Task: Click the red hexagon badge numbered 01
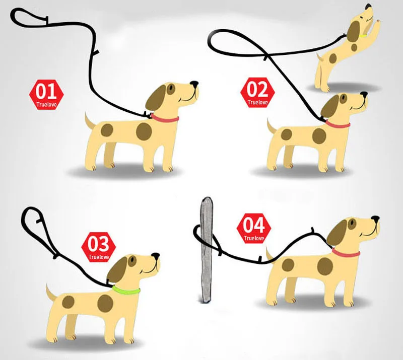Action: [x=46, y=95]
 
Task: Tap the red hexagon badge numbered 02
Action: [x=257, y=93]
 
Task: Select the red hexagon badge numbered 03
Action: [x=98, y=247]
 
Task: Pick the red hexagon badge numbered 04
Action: [x=254, y=229]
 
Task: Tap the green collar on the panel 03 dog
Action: [x=126, y=291]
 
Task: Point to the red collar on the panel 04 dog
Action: [x=346, y=253]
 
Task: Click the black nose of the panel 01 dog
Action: [x=194, y=84]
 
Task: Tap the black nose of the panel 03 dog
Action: [x=156, y=256]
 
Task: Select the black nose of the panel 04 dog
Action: [x=375, y=219]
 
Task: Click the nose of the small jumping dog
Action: [x=369, y=7]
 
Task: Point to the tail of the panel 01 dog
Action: [x=90, y=120]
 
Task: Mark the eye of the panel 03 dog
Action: [x=132, y=261]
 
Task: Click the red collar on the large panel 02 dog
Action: [x=338, y=125]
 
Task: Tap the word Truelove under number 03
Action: [x=98, y=257]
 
